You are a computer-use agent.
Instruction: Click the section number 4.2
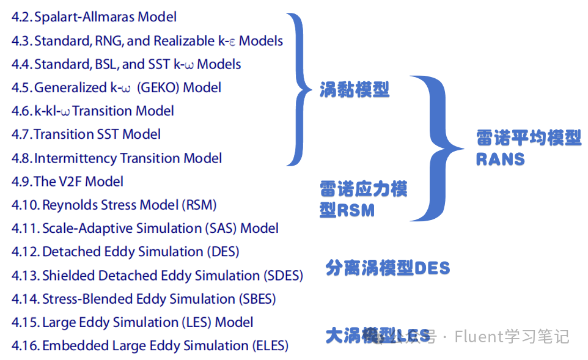[21, 18]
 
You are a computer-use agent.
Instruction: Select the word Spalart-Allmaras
[84, 18]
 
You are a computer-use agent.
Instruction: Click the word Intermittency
[75, 158]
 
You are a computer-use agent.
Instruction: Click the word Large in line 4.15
[58, 322]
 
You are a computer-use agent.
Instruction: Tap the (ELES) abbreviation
[270, 346]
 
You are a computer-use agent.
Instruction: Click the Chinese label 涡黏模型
[355, 90]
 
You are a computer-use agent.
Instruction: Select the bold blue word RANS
[501, 160]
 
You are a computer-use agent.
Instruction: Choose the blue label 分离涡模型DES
[388, 268]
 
